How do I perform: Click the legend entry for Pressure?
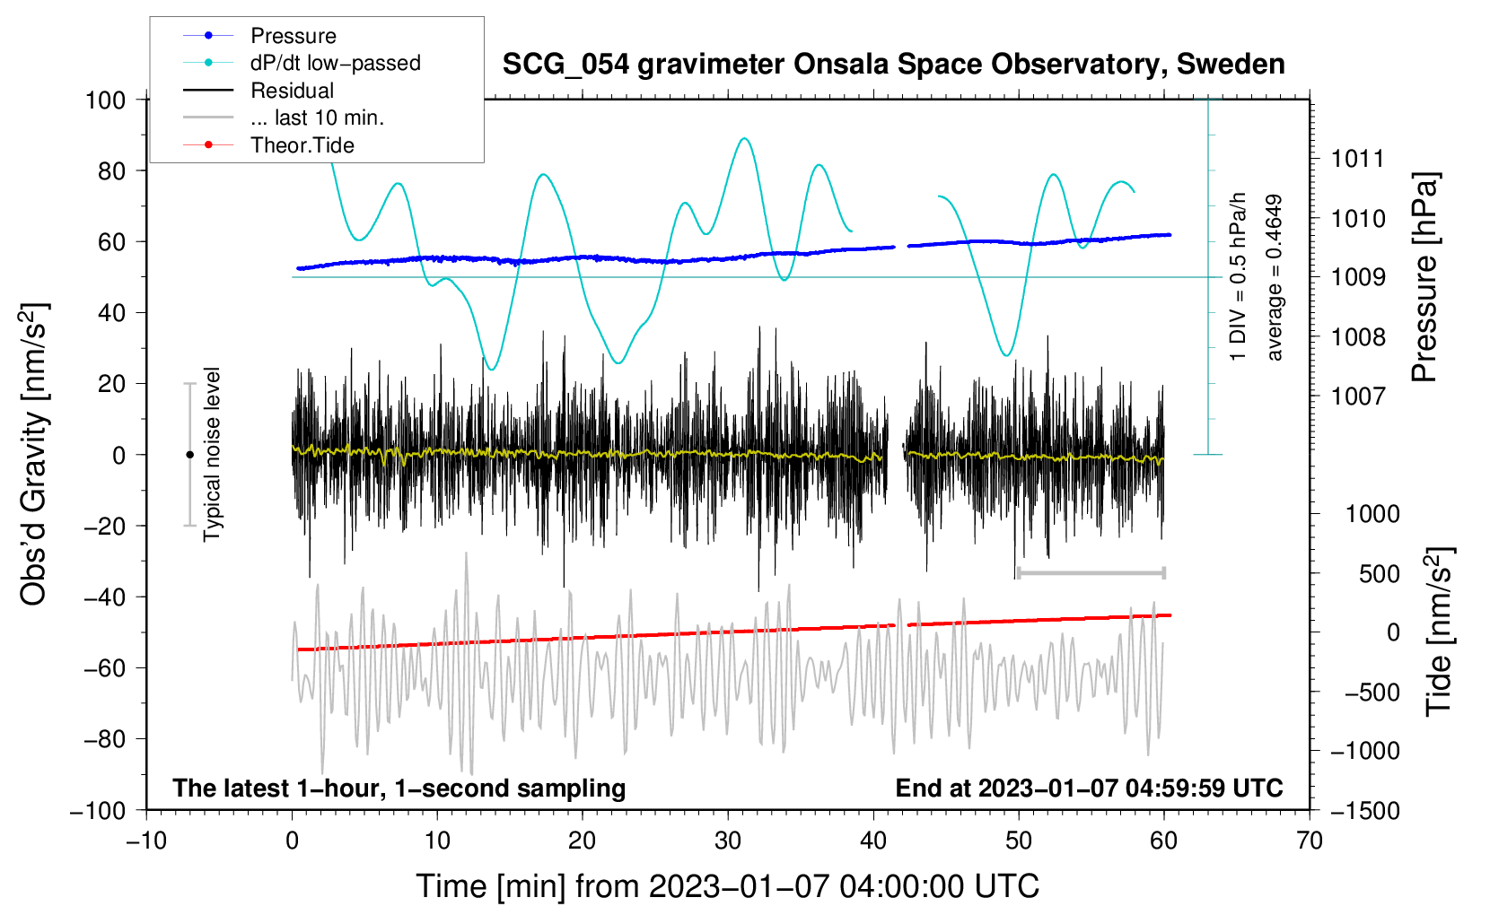tap(293, 36)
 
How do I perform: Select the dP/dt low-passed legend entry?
tap(335, 63)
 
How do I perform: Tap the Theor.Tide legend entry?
tap(302, 145)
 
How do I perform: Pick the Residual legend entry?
tap(292, 91)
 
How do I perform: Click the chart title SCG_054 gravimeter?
tap(893, 65)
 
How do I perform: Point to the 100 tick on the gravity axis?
tap(105, 100)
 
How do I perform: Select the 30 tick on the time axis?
tap(728, 841)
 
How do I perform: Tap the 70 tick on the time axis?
tap(1310, 841)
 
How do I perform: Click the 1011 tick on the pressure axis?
tap(1358, 160)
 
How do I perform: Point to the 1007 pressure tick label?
tap(1358, 396)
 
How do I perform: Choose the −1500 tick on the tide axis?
tap(1364, 810)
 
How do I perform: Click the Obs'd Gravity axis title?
tap(34, 454)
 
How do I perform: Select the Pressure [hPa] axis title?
tap(1424, 277)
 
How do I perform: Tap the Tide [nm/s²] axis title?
tap(1438, 631)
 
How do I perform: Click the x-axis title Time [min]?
tap(727, 886)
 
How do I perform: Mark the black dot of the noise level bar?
tap(189, 455)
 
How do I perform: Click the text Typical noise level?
tap(212, 454)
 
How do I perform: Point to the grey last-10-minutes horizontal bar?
tap(1091, 572)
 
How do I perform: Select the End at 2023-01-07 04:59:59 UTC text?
tap(1089, 789)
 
